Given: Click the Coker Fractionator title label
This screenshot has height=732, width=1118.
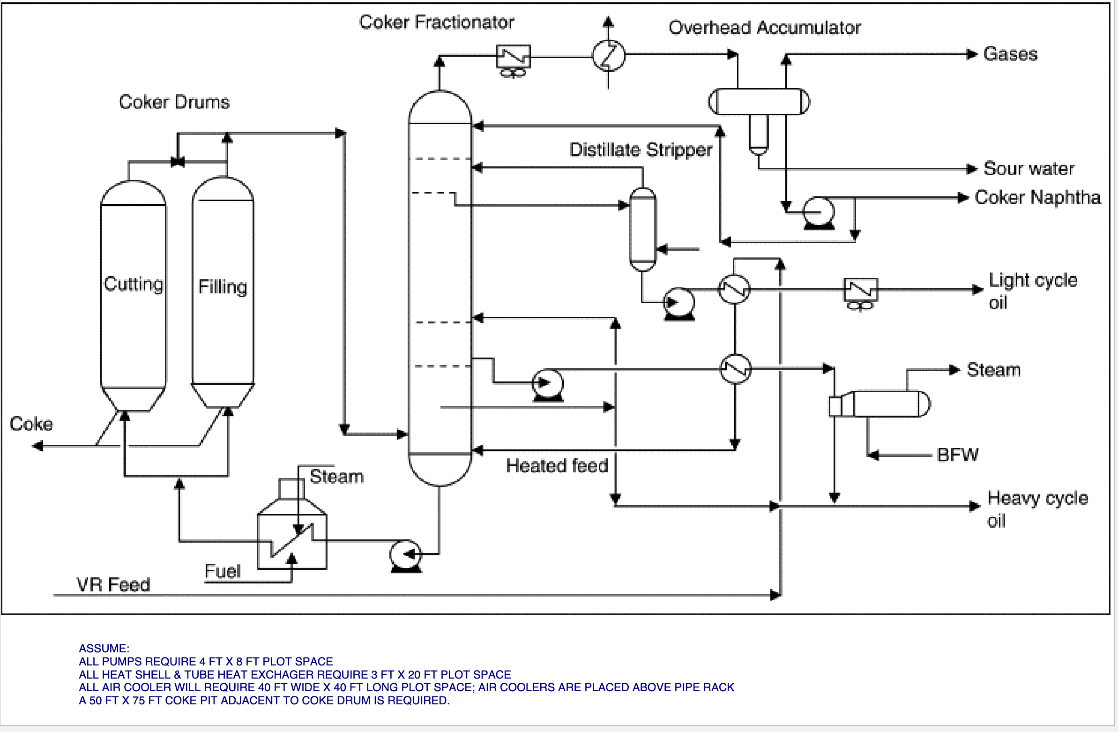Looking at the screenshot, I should click(x=436, y=22).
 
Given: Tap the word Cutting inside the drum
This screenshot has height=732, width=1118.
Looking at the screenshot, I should click(x=134, y=284).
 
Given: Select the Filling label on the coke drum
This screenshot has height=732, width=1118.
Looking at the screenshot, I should click(x=223, y=287).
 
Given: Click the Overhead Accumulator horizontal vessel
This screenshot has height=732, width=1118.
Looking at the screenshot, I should click(x=759, y=102).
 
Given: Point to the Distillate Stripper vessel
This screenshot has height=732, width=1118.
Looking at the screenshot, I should click(x=642, y=229).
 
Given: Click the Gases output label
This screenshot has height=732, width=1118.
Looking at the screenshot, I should click(x=1010, y=54).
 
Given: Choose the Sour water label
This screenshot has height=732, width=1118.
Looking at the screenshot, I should click(x=1029, y=169).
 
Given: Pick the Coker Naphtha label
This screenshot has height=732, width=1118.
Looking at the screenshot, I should click(x=1038, y=197).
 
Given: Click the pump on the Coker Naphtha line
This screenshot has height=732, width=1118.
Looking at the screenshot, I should click(x=819, y=212).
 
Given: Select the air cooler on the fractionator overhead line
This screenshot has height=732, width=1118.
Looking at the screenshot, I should click(x=514, y=59).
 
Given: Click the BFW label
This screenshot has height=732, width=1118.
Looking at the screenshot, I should click(x=958, y=455).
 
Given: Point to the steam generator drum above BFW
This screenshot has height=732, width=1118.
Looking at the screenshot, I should click(x=886, y=403).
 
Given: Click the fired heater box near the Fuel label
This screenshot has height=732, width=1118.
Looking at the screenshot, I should click(x=292, y=540).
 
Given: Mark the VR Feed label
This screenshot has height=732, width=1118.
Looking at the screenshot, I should click(x=113, y=585).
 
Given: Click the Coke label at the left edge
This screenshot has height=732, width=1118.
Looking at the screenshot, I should click(x=31, y=424).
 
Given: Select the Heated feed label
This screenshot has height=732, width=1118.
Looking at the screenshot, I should click(x=557, y=466).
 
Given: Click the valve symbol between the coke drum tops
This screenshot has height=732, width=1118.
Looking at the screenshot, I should click(x=178, y=163).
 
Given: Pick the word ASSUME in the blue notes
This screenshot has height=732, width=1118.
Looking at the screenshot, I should click(x=104, y=649).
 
